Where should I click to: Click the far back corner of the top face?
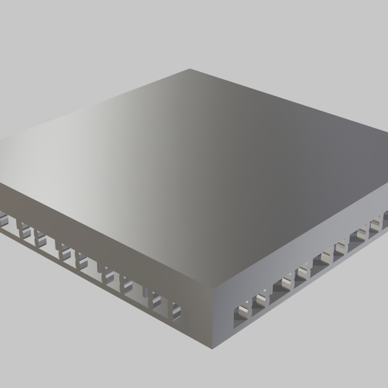pos(190,69)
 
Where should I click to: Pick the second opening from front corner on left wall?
pos(158,300)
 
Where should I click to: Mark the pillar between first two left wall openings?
pos(167,306)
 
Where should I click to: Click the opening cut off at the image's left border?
pos(3,218)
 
